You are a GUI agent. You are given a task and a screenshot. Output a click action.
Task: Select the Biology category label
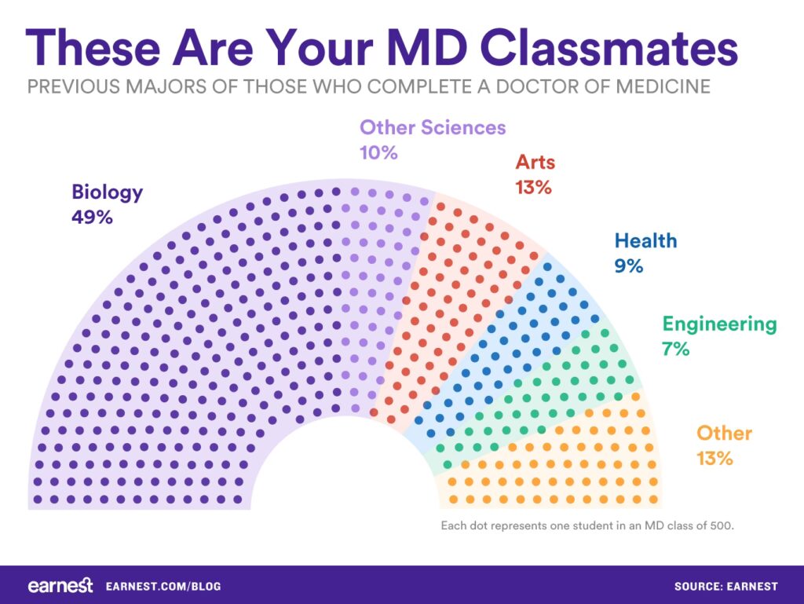108,192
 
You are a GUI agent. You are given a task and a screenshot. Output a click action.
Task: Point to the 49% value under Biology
92,217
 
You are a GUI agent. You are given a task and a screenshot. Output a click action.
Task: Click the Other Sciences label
433,127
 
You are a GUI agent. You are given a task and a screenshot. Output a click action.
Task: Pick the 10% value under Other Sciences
378,152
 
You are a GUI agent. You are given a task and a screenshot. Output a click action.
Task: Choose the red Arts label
535,163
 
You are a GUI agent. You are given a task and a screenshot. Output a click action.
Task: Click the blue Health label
645,240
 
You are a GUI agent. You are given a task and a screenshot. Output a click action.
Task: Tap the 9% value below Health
629,265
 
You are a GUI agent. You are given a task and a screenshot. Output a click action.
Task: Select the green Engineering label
719,324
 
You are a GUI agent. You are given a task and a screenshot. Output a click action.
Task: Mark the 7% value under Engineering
675,349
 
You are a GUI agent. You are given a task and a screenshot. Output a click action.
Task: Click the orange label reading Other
724,433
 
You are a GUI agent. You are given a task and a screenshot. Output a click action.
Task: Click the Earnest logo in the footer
60,586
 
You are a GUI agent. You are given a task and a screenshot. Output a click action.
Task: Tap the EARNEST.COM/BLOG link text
163,587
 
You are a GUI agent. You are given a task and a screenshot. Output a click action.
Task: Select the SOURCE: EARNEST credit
725,587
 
